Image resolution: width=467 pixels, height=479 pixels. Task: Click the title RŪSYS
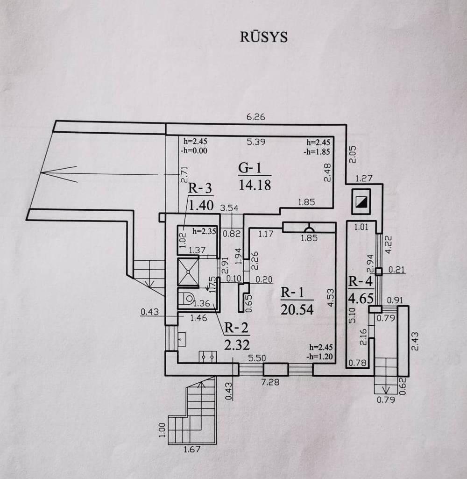coord(264,36)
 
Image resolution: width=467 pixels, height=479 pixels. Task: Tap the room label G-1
coord(250,168)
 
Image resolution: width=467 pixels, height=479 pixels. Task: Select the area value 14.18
coord(255,185)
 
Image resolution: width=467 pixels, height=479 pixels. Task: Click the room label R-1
coord(292,293)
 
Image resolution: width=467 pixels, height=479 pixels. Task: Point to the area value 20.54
coord(297,309)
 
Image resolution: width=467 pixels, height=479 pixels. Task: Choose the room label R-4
coord(361,281)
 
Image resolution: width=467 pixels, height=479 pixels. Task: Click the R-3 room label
coord(200,188)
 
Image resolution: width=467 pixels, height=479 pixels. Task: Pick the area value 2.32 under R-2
coord(237,345)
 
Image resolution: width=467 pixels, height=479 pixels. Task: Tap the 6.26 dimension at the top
coord(256,117)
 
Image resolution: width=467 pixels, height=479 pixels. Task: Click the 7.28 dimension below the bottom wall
coord(270,382)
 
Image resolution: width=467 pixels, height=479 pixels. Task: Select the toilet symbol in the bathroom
coord(187,298)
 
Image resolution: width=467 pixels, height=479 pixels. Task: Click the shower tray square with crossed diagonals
coord(188,272)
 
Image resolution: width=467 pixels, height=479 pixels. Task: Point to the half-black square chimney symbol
coord(361,202)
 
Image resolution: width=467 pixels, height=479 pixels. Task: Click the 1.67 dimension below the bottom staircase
coord(192,449)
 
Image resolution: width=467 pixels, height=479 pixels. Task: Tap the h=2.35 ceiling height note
coord(204,231)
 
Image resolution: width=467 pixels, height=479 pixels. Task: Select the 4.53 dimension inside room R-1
coord(331,298)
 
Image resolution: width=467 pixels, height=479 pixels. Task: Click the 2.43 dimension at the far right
coord(415,341)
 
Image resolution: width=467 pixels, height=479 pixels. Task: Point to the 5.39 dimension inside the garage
coord(256,142)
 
